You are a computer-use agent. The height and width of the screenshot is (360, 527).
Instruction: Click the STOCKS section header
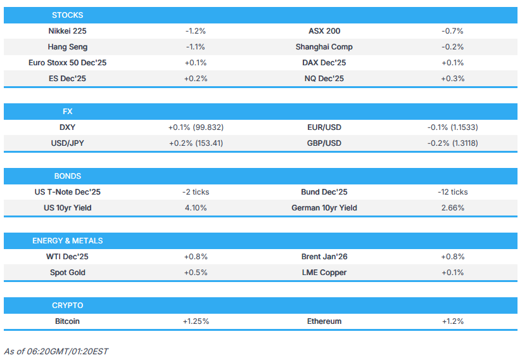tap(67, 15)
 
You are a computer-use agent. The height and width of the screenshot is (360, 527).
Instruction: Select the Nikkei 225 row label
tap(67, 31)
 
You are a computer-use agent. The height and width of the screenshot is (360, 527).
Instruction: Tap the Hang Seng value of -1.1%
tap(196, 47)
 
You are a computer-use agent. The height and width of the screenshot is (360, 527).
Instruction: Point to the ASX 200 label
tap(324, 31)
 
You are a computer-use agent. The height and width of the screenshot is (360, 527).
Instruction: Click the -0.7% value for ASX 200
tap(452, 31)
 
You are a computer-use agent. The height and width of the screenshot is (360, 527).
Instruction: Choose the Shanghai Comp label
tap(324, 47)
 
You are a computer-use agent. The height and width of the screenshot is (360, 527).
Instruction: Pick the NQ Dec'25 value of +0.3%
tap(452, 79)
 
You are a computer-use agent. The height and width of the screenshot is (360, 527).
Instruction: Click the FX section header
tap(67, 112)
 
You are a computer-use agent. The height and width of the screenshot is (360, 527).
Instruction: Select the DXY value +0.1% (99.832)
tap(196, 127)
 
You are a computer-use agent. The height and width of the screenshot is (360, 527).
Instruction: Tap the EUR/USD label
tap(324, 127)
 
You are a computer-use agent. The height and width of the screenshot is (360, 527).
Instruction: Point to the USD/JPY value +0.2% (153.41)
tap(196, 143)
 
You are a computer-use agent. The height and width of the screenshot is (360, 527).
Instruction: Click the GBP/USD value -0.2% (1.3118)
tap(452, 143)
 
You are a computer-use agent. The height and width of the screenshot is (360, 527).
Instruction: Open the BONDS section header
tap(67, 176)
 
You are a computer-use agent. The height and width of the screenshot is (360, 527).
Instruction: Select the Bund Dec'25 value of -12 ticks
tap(452, 192)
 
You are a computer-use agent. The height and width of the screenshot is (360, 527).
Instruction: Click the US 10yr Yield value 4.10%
tap(196, 208)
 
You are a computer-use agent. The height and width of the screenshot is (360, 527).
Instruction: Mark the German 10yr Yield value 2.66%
tap(452, 208)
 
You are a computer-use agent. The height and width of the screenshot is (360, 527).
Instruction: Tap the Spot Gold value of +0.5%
tap(196, 273)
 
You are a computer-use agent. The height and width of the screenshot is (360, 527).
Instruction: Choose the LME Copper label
tap(324, 273)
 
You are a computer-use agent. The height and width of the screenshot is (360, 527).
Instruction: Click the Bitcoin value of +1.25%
tap(196, 321)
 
